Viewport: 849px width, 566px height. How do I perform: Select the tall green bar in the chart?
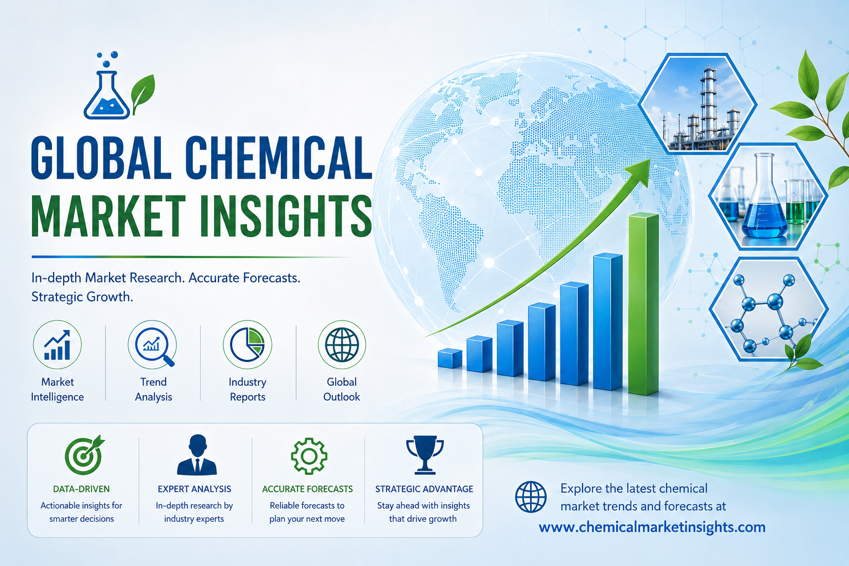(643, 304)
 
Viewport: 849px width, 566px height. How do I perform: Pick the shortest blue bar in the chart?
(449, 358)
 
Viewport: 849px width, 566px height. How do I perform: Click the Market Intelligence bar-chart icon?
(57, 344)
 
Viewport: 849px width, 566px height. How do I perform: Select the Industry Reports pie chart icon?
(247, 344)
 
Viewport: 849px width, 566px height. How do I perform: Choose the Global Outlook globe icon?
(342, 344)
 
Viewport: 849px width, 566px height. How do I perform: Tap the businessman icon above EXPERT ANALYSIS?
(197, 455)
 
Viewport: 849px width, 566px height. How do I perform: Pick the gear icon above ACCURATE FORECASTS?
(309, 456)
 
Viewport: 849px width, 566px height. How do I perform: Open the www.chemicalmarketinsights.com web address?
(652, 527)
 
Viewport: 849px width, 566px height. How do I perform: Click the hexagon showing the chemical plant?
(698, 104)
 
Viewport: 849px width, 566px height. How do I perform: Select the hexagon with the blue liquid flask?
(768, 197)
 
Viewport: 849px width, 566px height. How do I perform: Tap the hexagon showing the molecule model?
(769, 309)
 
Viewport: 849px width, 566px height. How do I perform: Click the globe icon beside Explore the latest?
(531, 497)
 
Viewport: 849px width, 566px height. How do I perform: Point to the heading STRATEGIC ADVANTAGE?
(424, 489)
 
